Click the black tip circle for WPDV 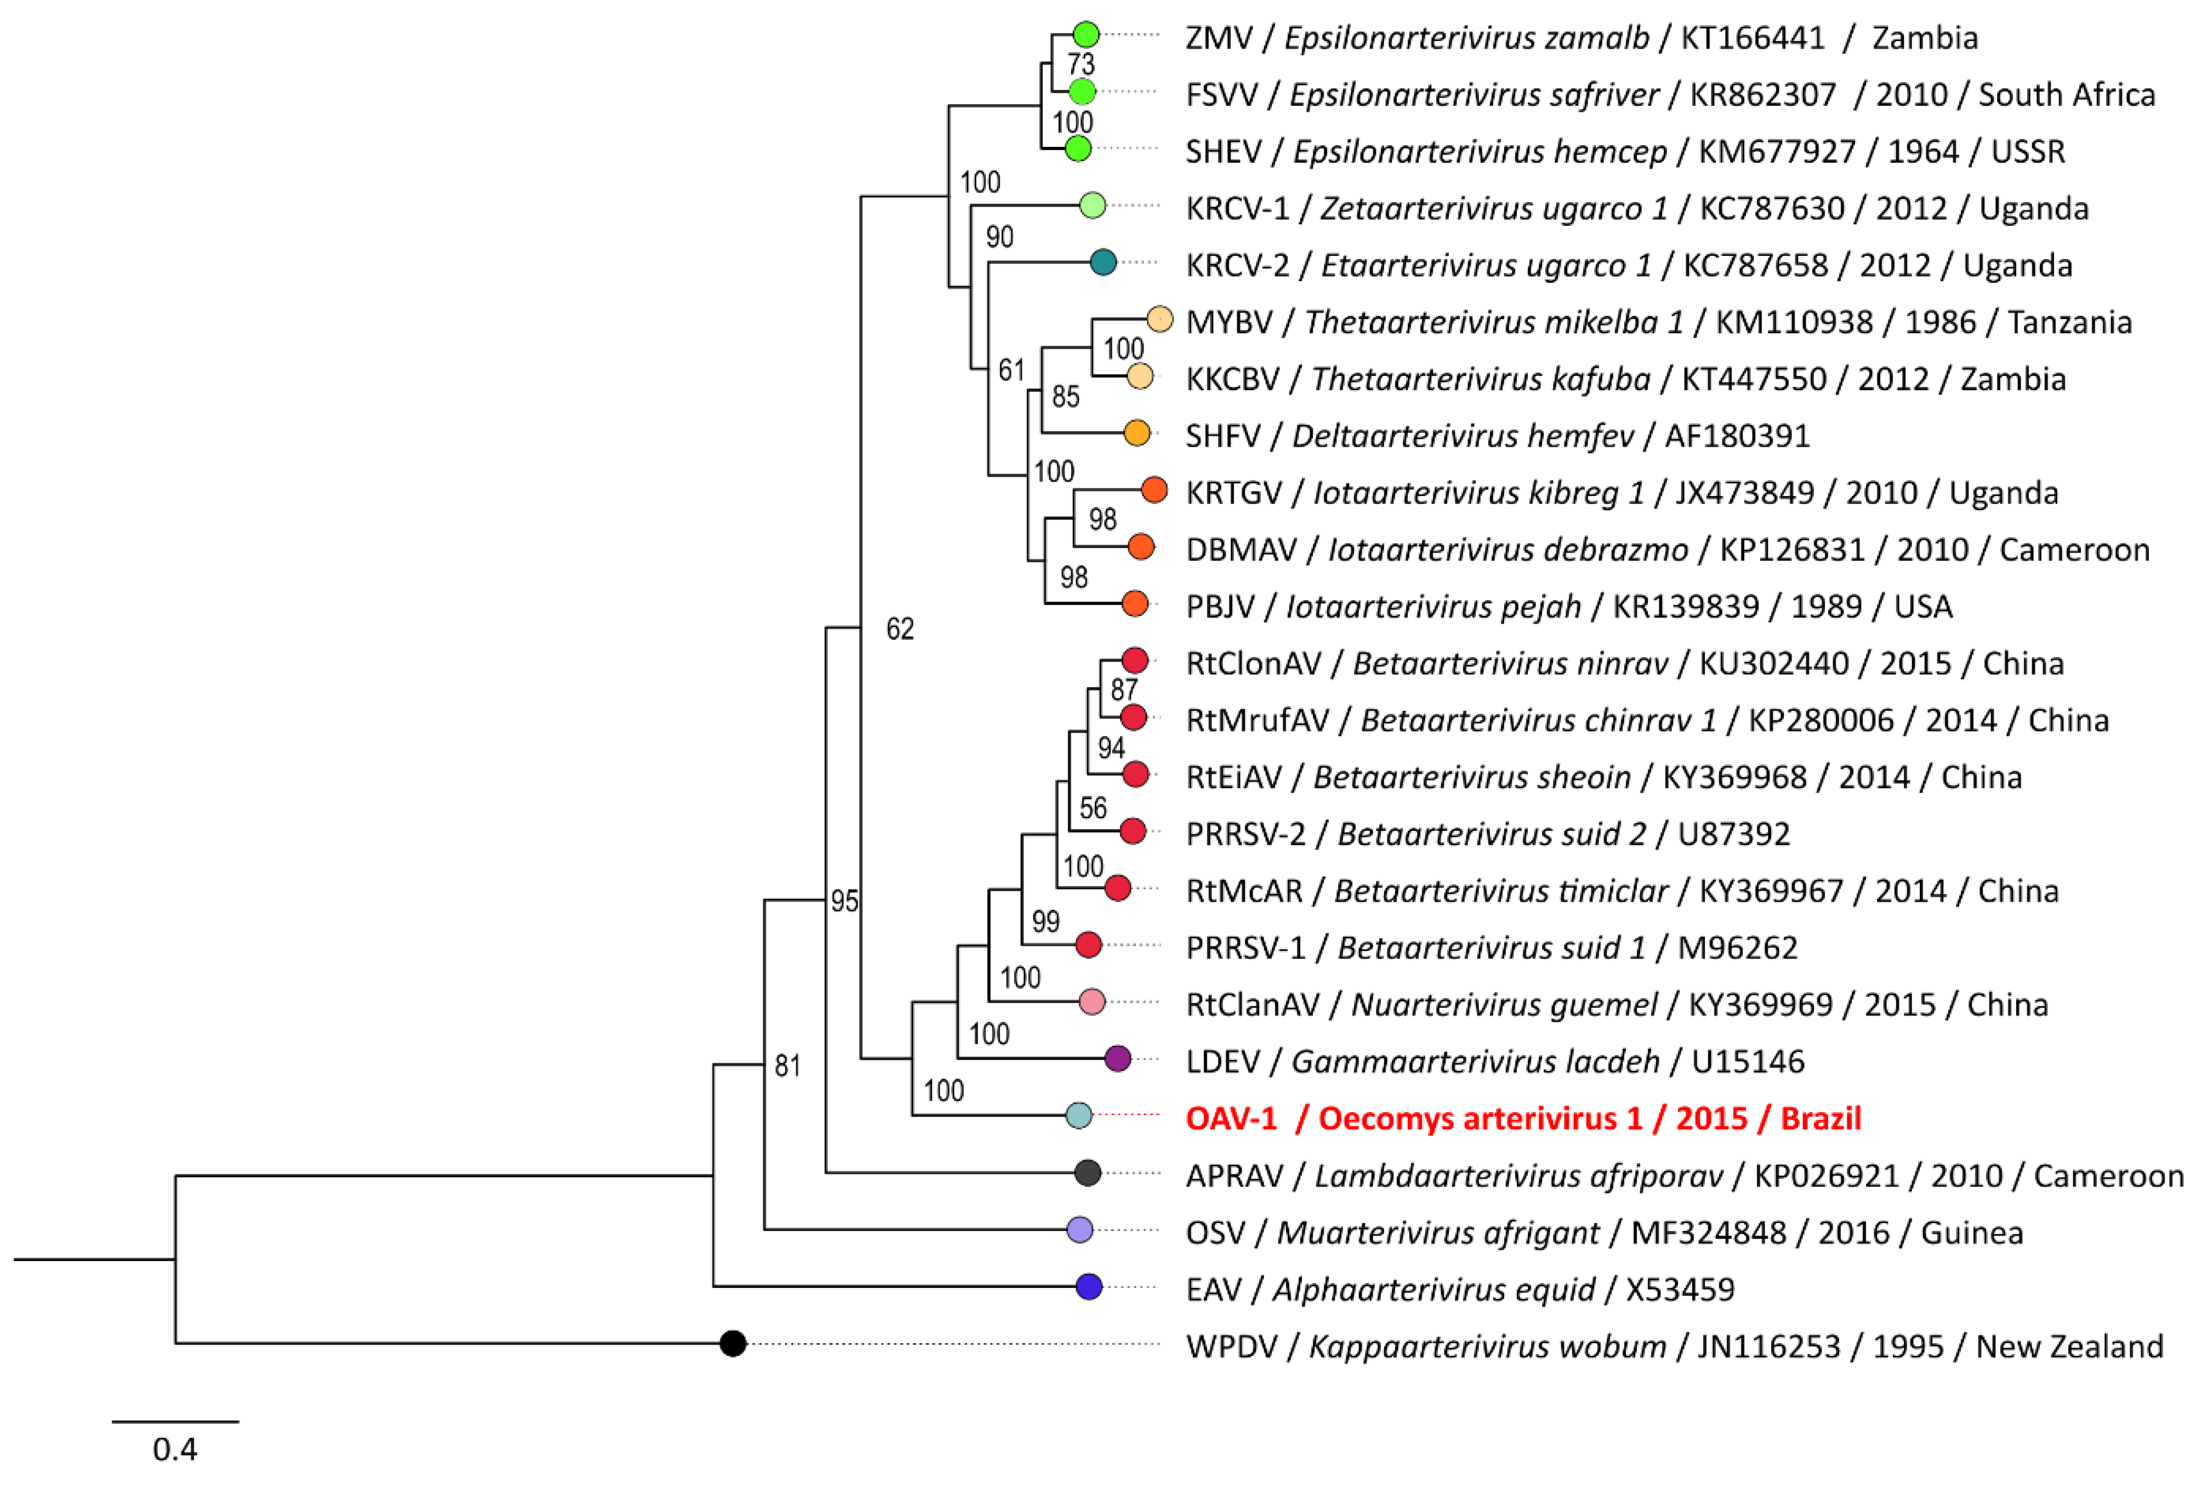coord(732,1344)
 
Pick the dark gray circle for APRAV coord(1088,1173)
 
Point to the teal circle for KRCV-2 coord(1102,262)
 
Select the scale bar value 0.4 coord(175,1449)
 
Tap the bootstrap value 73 coord(1080,65)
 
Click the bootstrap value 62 coord(900,629)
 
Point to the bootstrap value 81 coord(787,1066)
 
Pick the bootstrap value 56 coord(1093,808)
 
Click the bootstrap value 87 coord(1123,691)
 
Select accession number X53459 coord(1680,1290)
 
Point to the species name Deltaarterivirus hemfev coord(1463,436)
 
